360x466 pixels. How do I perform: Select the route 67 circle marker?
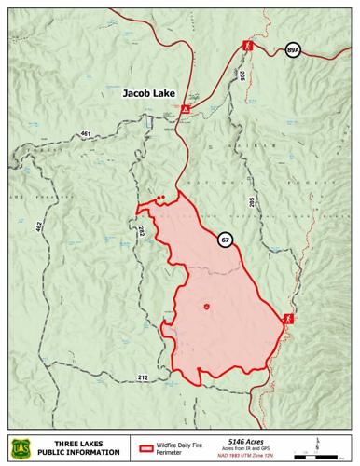(x=226, y=240)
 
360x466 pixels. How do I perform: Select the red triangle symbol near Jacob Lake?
(x=186, y=109)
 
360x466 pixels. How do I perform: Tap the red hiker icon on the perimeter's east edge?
(x=288, y=319)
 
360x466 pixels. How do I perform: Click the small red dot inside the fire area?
(x=206, y=306)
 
